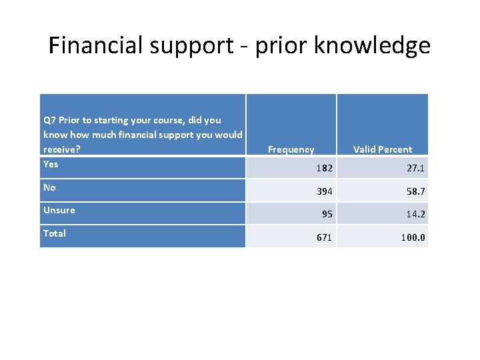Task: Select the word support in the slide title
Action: click(x=193, y=47)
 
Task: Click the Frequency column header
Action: click(x=291, y=149)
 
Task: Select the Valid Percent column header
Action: click(x=383, y=149)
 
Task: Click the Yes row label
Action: click(x=51, y=164)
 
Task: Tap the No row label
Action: click(x=49, y=187)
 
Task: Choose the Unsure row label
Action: click(x=59, y=210)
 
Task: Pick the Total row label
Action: click(x=55, y=233)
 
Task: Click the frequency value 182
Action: click(x=324, y=169)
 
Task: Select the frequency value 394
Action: click(x=324, y=192)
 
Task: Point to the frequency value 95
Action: click(x=327, y=215)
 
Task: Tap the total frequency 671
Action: click(x=324, y=237)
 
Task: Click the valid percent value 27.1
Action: click(x=417, y=169)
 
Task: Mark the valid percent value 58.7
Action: click(x=417, y=192)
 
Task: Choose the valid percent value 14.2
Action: click(x=417, y=215)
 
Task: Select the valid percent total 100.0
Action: click(x=413, y=237)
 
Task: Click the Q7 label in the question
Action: click(x=49, y=120)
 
